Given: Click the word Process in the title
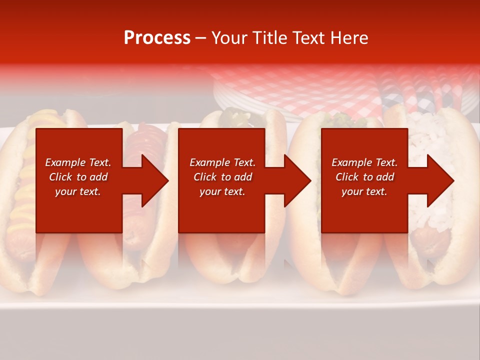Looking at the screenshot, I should pos(157,38).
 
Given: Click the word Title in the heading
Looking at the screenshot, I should pos(267,38).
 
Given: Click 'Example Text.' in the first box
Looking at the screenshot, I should pos(78,162).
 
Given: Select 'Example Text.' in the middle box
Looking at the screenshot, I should pos(222,162).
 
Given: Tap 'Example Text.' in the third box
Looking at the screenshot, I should pos(364,162).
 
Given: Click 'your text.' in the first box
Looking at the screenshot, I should pos(78,191).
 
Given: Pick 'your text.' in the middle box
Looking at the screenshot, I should pos(222,191).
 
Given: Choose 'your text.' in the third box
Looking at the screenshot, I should pos(364,191).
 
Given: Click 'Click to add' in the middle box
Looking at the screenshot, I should pos(222,177).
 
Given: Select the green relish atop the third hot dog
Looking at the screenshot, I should pos(235,118).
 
